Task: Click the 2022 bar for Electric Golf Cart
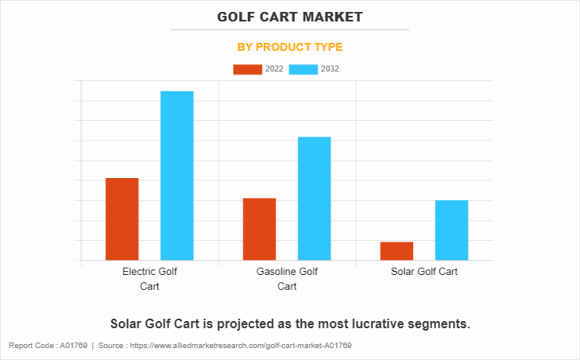pos(122,219)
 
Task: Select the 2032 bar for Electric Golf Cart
pos(176,176)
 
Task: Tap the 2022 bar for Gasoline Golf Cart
pos(259,229)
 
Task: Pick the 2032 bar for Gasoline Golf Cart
pos(314,199)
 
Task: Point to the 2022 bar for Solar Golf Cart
pos(396,250)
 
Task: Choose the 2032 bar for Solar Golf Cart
pos(451,230)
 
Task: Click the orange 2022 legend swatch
pos(247,69)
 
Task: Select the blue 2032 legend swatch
pos(304,69)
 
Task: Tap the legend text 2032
pos(330,69)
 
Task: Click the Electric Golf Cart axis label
pos(149,279)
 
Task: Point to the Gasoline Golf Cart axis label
pos(287,279)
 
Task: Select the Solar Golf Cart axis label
pos(424,272)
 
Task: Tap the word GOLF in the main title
pos(236,16)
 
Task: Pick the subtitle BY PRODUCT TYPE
pos(290,47)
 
